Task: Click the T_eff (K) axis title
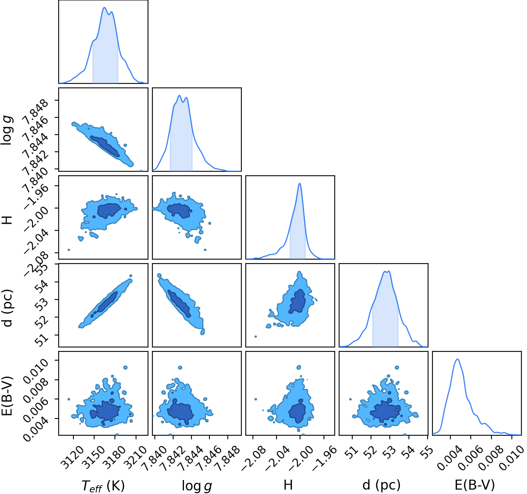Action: [103, 486]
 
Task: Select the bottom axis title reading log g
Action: [197, 486]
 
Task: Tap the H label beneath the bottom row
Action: [288, 485]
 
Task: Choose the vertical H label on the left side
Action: [7, 220]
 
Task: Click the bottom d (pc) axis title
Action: [381, 485]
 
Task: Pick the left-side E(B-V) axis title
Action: [7, 395]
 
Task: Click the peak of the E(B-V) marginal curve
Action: [457, 359]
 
